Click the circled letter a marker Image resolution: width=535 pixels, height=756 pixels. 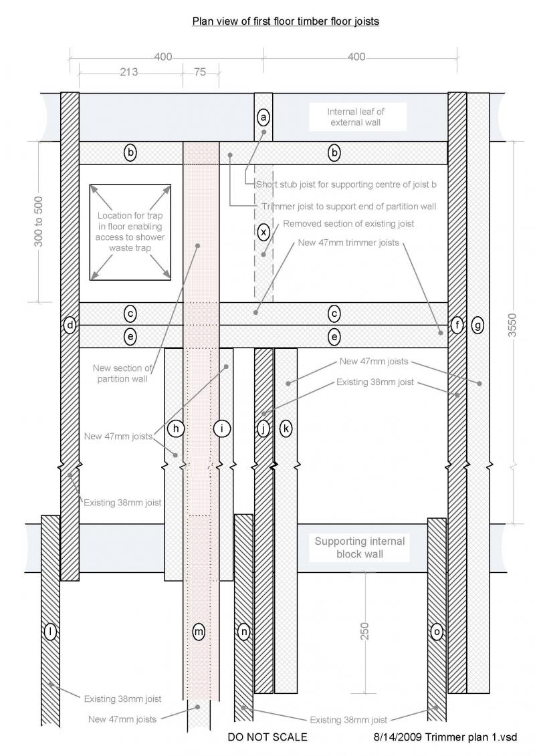point(263,118)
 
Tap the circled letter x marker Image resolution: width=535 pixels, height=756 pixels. point(263,232)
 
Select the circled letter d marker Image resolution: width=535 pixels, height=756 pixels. point(70,326)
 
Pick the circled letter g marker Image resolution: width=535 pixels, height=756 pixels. point(477,326)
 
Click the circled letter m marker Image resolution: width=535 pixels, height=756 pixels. point(198,631)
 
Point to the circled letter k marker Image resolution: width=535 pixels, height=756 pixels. point(286,429)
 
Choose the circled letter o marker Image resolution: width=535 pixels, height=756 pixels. point(437,631)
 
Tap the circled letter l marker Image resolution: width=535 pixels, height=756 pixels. point(49,631)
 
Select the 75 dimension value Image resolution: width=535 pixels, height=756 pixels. point(200,72)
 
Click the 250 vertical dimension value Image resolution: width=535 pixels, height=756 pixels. point(365,632)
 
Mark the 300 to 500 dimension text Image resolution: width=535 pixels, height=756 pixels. point(39,221)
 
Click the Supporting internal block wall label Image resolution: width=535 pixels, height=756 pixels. point(360,547)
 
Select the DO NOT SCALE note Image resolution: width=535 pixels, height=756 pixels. point(267,737)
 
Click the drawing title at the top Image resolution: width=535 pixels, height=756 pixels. point(286,21)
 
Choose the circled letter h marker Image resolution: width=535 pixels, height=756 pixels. point(175,429)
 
